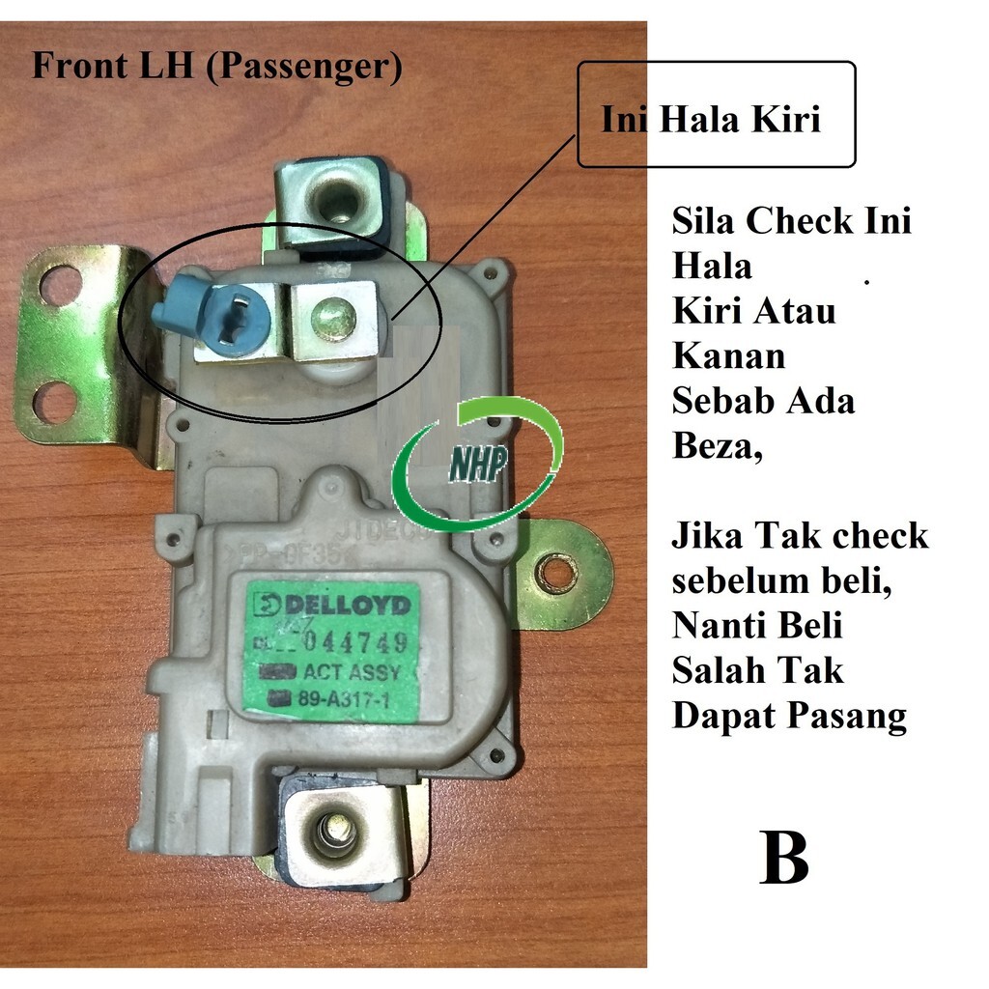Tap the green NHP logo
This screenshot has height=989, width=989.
[x=477, y=465]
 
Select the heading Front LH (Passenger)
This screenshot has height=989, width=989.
[x=216, y=67]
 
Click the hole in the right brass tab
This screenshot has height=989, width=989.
[x=556, y=574]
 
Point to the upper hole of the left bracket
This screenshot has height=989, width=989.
[x=61, y=286]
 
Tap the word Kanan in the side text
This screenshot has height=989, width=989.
[x=728, y=356]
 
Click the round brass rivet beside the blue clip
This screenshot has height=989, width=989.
[x=333, y=319]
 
